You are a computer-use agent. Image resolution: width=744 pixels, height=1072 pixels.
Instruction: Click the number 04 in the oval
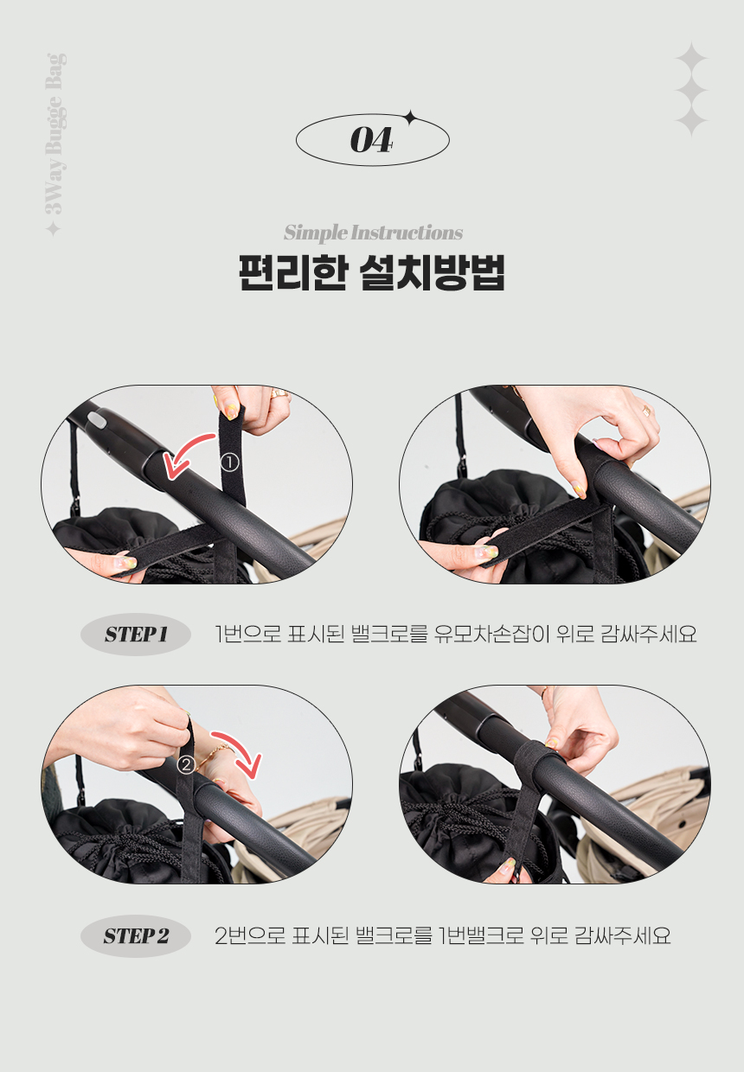point(371,140)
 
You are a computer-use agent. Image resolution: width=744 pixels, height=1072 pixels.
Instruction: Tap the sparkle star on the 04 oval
point(409,118)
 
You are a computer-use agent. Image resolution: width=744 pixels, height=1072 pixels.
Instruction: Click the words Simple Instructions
point(373,233)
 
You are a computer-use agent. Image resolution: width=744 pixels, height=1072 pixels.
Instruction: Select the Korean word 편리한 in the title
point(292,273)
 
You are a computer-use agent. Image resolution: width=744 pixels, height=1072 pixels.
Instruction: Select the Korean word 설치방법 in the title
point(432,273)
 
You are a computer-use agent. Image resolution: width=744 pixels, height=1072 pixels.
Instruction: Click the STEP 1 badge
point(136,634)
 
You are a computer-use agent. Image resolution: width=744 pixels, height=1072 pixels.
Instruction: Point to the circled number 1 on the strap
point(229,463)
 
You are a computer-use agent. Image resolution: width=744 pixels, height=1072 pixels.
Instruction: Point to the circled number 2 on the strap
point(186,765)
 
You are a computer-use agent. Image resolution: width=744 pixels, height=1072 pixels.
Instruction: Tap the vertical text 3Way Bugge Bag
point(55,134)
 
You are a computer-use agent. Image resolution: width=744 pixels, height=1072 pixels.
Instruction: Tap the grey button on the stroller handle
point(97,421)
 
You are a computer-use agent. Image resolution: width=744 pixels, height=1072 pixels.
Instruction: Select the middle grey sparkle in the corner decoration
point(691,90)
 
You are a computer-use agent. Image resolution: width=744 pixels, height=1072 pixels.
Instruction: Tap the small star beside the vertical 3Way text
point(53,229)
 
